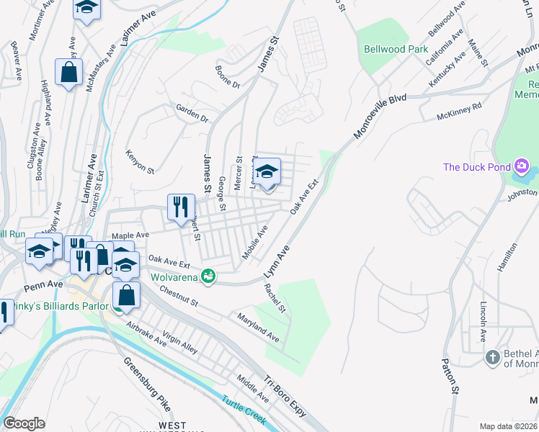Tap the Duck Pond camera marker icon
521,168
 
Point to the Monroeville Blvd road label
380,117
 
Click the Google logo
24,423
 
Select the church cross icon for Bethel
492,357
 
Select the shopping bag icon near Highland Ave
69,72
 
